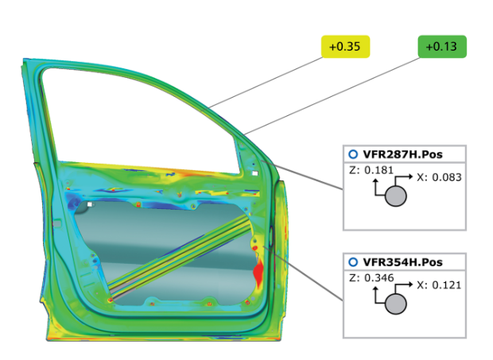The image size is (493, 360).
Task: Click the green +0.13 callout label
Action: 442,47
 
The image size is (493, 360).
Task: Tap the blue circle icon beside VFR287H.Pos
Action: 352,154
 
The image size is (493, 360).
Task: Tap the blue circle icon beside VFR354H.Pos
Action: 352,262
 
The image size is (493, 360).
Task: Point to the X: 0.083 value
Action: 439,177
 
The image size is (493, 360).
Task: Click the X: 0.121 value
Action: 439,285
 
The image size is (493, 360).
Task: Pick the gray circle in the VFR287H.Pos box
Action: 396,195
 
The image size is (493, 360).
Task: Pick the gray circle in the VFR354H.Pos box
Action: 396,304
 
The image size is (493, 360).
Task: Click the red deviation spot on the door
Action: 258,273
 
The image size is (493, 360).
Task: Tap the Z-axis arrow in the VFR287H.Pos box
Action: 375,184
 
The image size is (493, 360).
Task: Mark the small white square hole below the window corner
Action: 254,172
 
